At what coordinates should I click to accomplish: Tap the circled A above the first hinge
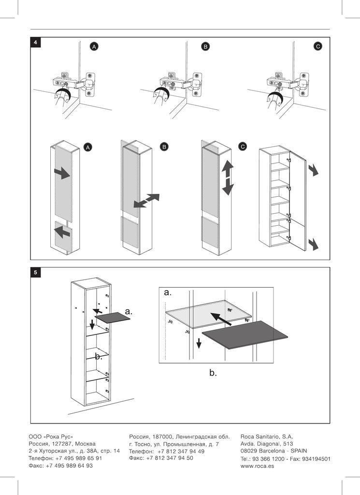click(x=95, y=46)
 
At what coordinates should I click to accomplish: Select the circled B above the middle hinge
click(x=205, y=46)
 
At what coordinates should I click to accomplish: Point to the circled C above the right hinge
click(x=317, y=46)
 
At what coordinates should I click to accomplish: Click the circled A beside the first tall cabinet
click(x=87, y=147)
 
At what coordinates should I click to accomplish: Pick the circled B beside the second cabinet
click(x=164, y=147)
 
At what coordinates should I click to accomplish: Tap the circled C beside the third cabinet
click(x=243, y=147)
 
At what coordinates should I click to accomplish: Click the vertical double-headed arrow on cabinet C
click(x=228, y=178)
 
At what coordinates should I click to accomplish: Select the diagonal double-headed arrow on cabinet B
click(x=146, y=201)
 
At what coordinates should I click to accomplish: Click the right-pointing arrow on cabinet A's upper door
click(x=62, y=173)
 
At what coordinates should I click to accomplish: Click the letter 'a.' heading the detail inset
click(x=168, y=292)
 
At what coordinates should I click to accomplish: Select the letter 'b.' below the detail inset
click(x=213, y=373)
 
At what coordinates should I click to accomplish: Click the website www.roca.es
click(x=257, y=466)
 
